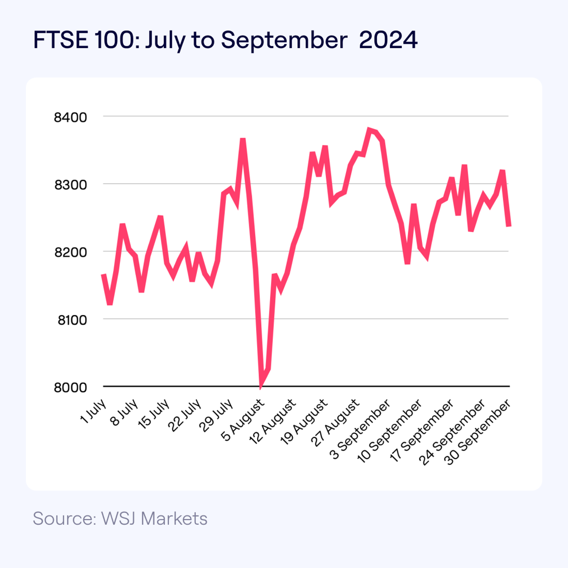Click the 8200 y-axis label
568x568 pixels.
click(71, 252)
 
